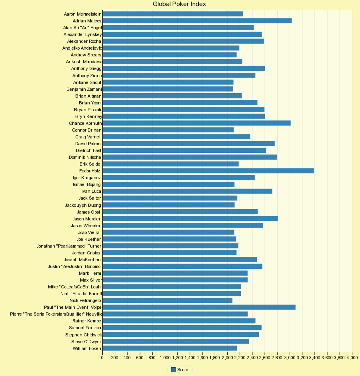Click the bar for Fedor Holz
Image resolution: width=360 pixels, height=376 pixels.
(208, 171)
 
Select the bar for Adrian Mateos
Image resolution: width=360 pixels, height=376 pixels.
(197, 21)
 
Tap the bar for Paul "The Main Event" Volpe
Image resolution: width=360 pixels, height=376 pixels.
(199, 307)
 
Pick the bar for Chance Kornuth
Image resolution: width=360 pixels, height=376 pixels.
(196, 123)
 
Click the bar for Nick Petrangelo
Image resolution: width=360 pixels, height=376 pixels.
(167, 300)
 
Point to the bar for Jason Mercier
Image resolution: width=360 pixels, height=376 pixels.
(190, 218)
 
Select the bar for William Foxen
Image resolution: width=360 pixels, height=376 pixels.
(170, 348)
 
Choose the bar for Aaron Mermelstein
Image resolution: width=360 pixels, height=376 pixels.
(173, 14)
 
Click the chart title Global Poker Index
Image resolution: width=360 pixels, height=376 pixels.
(179, 4)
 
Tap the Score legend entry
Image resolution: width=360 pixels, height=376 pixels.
(180, 370)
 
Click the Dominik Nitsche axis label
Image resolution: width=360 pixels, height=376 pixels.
(85, 157)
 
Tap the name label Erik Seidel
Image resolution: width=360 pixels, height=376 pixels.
(90, 164)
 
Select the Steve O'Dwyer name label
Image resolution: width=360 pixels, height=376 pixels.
(86, 342)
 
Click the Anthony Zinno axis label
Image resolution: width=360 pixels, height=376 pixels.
(87, 76)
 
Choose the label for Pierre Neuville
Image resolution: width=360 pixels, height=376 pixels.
(56, 314)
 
